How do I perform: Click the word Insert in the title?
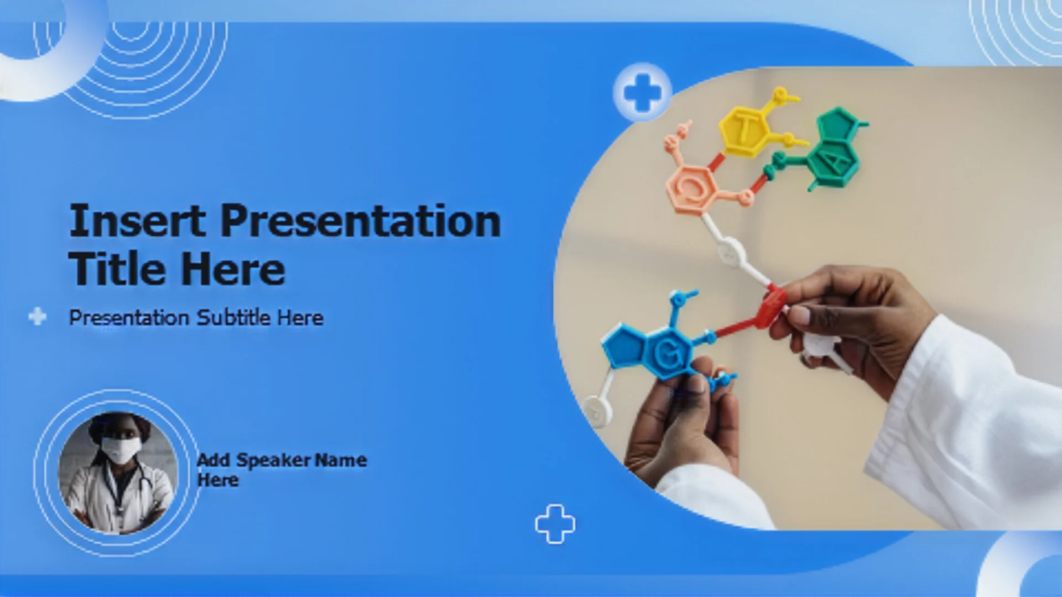tap(138, 221)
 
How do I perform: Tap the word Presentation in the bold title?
tap(361, 221)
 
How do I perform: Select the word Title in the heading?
tap(116, 269)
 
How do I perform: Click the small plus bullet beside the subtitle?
tap(37, 316)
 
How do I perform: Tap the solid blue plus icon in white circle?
tap(642, 92)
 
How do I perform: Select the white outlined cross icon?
tap(555, 524)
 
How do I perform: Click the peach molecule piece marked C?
tap(691, 188)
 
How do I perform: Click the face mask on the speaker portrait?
tap(121, 449)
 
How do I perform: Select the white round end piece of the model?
tap(598, 410)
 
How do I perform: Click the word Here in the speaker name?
tap(218, 480)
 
